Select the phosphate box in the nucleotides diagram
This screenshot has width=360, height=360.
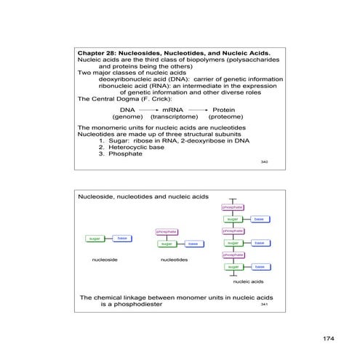[x=167, y=232]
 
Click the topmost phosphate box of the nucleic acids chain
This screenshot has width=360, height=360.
[x=232, y=207]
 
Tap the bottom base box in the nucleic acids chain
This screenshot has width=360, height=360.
[x=260, y=267]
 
